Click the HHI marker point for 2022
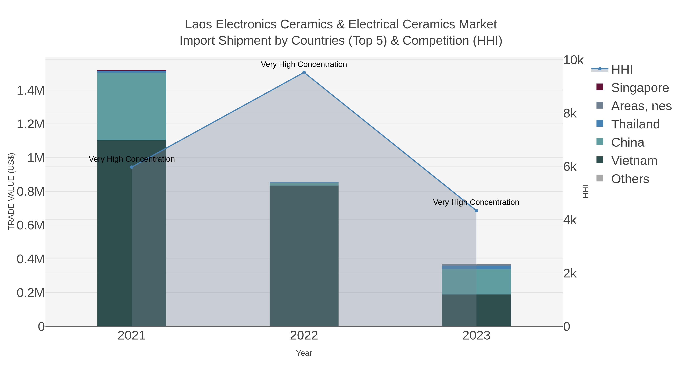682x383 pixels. click(x=304, y=72)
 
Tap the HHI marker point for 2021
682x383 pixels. click(x=132, y=167)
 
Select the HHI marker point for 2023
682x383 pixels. click(x=476, y=211)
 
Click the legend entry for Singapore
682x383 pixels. click(x=640, y=88)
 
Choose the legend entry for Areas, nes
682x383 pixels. click(x=641, y=106)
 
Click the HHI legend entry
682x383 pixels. click(x=622, y=70)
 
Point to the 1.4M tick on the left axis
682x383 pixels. click(x=31, y=90)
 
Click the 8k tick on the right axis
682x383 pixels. click(x=570, y=113)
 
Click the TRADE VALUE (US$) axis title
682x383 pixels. click(x=11, y=191)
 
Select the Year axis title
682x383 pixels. click(x=304, y=353)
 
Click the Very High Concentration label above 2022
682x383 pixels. click(x=304, y=64)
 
